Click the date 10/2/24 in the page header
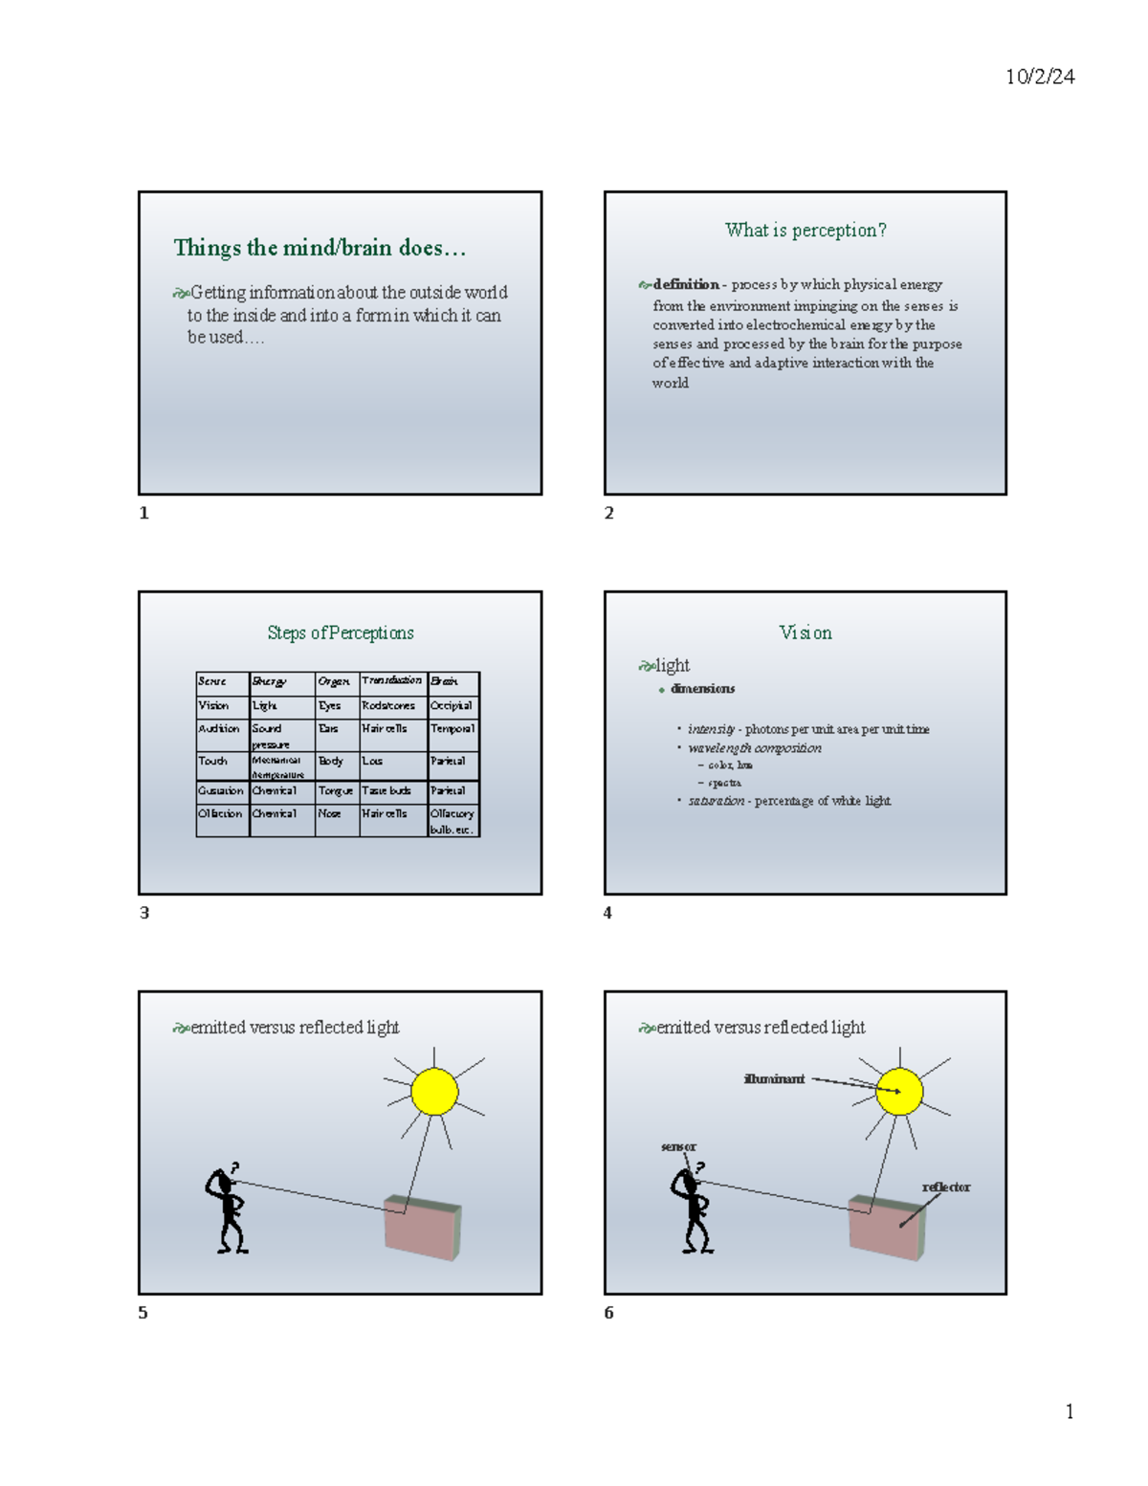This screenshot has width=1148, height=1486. pos(1040,78)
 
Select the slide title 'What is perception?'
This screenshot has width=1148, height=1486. pos(806,231)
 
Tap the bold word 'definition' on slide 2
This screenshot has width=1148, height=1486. pos(686,284)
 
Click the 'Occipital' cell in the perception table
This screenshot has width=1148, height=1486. pos(452,706)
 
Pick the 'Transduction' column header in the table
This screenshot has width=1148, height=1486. pos(391,680)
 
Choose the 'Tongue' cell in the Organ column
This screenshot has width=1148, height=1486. pos(336,791)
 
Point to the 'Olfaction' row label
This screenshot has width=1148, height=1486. pos(220,814)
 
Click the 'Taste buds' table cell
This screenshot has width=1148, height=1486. pos(386,791)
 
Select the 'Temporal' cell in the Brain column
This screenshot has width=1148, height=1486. pos(453,729)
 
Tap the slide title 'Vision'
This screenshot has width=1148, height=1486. pos(806,632)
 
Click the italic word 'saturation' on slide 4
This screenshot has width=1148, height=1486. pos(716,801)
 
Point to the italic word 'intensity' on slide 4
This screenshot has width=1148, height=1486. pos(711,729)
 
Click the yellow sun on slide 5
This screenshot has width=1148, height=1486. pos(434,1092)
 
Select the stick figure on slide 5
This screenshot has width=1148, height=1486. pos(226,1210)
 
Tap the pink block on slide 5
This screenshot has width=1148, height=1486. pos(422,1227)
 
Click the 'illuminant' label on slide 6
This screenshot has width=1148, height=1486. pos(774,1079)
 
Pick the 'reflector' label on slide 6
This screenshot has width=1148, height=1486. pos(945,1187)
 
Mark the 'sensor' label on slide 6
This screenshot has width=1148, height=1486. pos(678,1146)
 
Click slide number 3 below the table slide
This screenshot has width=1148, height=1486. pos(144,913)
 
